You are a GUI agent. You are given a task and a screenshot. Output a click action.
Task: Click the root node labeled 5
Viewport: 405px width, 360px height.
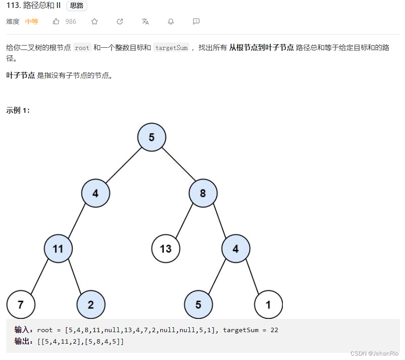(x=151, y=137)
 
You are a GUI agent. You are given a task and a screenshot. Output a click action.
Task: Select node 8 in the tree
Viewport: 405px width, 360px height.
(x=203, y=193)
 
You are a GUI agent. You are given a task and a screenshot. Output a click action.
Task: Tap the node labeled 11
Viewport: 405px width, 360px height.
(x=58, y=249)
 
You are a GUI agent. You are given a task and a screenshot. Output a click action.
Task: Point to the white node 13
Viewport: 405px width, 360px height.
(x=166, y=249)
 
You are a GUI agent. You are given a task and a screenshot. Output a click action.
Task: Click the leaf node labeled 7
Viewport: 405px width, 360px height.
(x=21, y=304)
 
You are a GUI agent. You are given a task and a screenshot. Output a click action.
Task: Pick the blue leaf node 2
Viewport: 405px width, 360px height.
(x=91, y=304)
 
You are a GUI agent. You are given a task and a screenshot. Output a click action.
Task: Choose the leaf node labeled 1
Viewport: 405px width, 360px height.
(x=268, y=304)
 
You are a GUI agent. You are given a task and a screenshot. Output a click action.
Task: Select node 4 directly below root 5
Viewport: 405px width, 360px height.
(x=96, y=193)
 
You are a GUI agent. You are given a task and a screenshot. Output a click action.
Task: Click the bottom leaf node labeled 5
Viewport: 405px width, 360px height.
(x=198, y=304)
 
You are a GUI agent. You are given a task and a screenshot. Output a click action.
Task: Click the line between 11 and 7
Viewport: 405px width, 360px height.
(x=39, y=277)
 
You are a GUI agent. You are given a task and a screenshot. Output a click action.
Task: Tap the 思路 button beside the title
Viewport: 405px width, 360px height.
(x=77, y=6)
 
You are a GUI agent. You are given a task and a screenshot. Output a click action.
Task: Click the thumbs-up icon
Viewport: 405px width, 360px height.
(x=56, y=21)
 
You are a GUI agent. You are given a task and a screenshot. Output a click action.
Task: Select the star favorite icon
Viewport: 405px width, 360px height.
(x=94, y=21)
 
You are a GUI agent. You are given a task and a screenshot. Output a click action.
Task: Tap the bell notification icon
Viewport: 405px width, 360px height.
(x=171, y=21)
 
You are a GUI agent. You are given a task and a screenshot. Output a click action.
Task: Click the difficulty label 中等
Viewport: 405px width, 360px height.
(x=31, y=21)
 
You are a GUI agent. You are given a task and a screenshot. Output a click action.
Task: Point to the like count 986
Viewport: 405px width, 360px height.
(x=71, y=21)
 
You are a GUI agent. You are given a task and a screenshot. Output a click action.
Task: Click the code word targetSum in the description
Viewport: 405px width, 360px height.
(x=171, y=48)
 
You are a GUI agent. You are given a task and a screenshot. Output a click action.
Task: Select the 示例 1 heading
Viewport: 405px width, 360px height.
(x=18, y=110)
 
